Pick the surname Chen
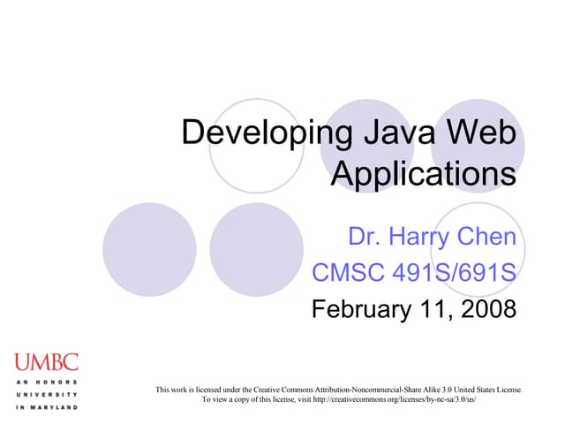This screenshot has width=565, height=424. pos(489,238)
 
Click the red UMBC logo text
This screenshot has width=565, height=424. pos(46,361)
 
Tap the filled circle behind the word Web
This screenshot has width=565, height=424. pos(484,146)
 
